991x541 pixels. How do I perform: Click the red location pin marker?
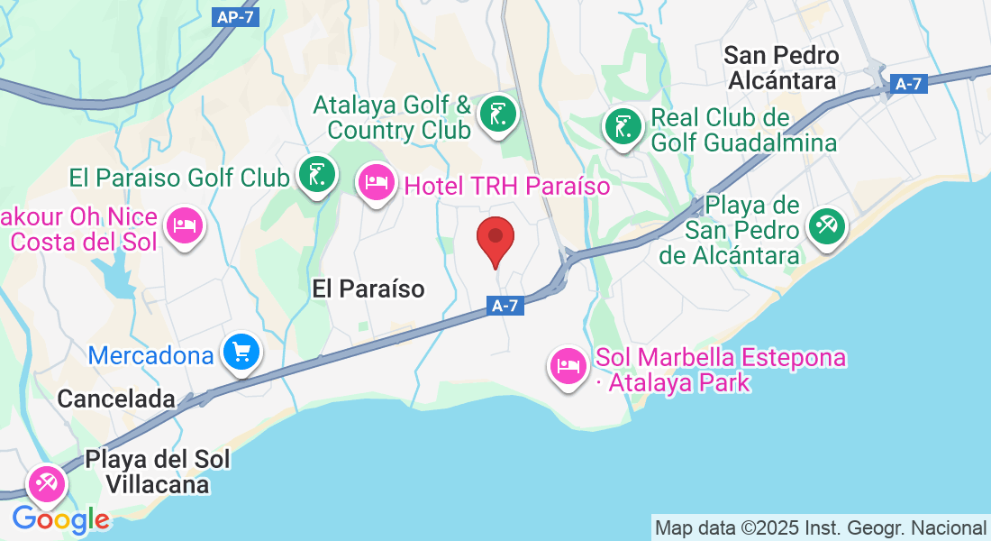pos(495,239)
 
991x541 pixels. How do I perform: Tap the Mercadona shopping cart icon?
pos(241,353)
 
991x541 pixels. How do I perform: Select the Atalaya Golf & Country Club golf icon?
pos(497,115)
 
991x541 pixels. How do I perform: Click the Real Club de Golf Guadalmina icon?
pos(623,127)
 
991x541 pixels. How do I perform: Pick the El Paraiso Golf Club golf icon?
pos(316,175)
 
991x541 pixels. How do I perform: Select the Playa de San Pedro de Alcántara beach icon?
pos(825,225)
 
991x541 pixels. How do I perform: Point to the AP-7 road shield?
pos(237,17)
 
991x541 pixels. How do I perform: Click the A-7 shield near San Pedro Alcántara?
pos(909,84)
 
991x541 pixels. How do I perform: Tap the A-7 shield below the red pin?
pos(506,307)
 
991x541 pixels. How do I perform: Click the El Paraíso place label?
pos(368,289)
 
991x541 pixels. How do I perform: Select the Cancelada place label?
pos(115,398)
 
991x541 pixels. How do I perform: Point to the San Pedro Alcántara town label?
pos(781,68)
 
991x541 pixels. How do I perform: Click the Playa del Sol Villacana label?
pos(158,472)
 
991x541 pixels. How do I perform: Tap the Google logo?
pos(60,519)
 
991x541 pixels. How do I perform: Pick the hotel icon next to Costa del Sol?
pos(186,225)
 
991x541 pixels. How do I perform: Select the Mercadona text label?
pos(150,355)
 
